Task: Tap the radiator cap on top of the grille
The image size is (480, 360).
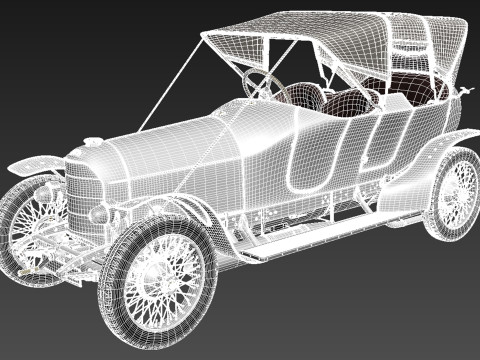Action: point(93,143)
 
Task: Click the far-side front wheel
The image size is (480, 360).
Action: point(25,225)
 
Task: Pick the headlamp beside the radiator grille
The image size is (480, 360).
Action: point(100,214)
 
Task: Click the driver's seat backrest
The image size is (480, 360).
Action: point(306,97)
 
